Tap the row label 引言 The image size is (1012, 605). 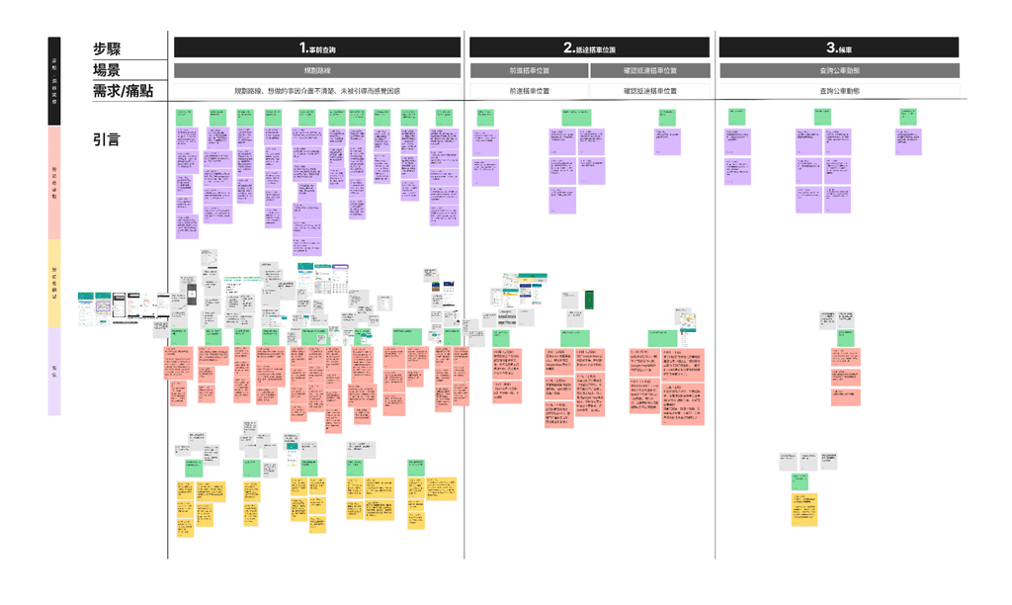pos(107,139)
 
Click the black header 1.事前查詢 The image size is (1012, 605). pos(317,47)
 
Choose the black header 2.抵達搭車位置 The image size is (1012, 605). pos(589,47)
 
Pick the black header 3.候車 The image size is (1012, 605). pos(838,47)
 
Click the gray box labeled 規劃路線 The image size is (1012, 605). pos(317,71)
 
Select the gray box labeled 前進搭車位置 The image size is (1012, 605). pos(529,71)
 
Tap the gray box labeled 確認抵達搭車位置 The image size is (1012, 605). pos(650,71)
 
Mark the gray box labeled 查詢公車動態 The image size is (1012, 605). pos(838,71)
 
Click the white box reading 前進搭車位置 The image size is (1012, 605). pos(529,91)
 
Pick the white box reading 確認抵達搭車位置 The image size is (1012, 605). pos(650,91)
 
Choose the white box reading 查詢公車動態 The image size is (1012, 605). pos(838,91)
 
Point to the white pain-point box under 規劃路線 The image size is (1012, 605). pos(317,91)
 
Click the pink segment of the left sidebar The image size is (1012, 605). pos(54,182)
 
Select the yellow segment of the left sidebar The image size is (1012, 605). pos(54,283)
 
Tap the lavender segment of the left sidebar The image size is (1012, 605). pos(54,371)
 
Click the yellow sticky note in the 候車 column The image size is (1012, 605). pos(803,509)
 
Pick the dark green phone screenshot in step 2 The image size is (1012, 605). pos(589,299)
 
